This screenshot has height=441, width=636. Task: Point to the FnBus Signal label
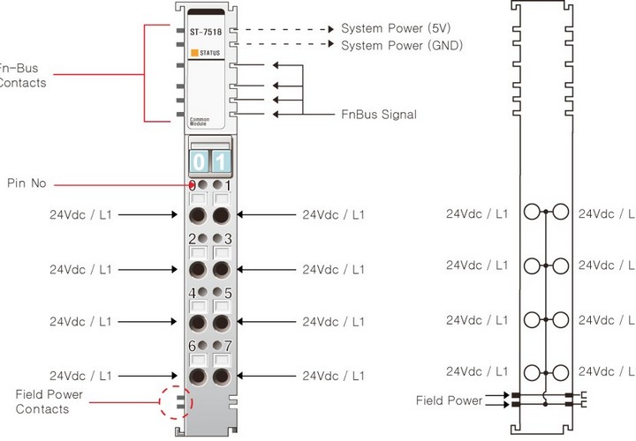(x=379, y=114)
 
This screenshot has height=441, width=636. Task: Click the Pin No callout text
(x=26, y=183)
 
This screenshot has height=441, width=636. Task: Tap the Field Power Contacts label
(x=42, y=401)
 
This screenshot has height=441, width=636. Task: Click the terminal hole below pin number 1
(x=221, y=214)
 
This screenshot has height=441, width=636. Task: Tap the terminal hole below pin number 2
(x=198, y=268)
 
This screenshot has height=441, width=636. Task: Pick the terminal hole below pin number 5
(x=221, y=322)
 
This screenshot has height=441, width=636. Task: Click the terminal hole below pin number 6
(x=198, y=377)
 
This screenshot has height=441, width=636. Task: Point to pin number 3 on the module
(x=228, y=239)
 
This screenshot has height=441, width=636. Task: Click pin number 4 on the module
(x=192, y=293)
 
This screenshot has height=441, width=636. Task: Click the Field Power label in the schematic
(x=450, y=400)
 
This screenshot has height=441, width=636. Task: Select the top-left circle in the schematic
(x=532, y=213)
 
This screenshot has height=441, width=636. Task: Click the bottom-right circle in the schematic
(x=559, y=371)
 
